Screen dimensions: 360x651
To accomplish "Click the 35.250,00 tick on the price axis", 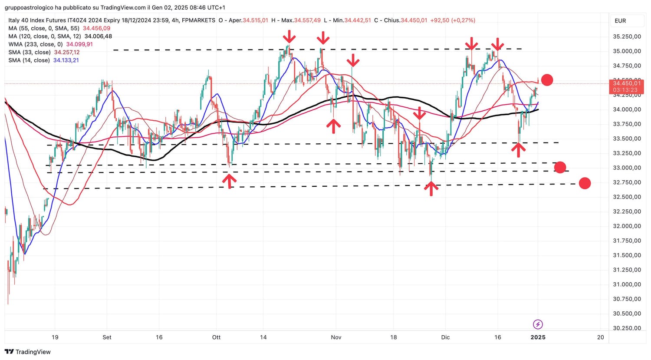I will (x=627, y=36).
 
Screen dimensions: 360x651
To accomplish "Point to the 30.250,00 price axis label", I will (x=627, y=328).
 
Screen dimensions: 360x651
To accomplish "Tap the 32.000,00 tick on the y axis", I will (x=627, y=226).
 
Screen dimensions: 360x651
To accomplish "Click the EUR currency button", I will (x=620, y=21).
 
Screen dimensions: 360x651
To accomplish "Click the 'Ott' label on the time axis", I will (x=216, y=337).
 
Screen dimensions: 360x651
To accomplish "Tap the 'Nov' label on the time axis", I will (x=336, y=337).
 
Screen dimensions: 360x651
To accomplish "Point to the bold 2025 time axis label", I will (x=538, y=337).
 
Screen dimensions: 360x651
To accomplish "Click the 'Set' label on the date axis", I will (x=107, y=337).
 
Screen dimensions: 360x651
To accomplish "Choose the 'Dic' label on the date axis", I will (x=445, y=337).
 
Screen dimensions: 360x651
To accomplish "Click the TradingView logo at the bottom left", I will (x=28, y=352).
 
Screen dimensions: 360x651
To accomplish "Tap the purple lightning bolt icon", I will (x=538, y=324).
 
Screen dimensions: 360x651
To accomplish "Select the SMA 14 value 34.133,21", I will (x=66, y=60).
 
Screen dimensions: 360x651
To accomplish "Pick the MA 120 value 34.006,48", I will (x=98, y=36).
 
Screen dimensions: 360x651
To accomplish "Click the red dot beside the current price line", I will (x=547, y=80).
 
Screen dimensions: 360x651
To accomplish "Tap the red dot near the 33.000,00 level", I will (x=560, y=167).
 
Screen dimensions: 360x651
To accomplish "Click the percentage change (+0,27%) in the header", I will (x=463, y=20).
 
